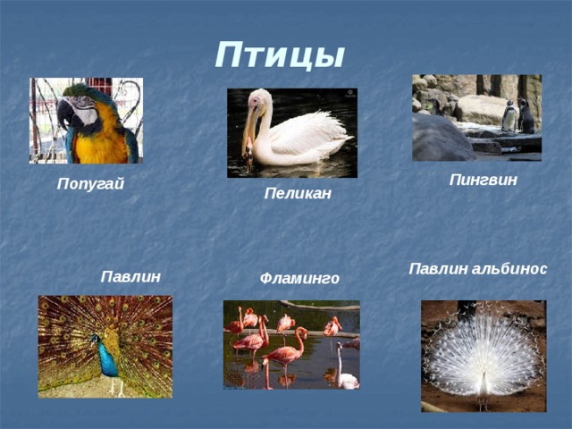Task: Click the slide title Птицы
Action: tap(280, 55)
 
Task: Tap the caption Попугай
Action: tap(90, 184)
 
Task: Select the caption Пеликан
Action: tap(298, 193)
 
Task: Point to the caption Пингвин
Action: tap(483, 180)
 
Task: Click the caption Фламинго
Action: tap(299, 279)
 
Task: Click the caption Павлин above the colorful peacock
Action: tap(130, 276)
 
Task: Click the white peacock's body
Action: tap(484, 384)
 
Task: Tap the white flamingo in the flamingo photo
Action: tap(344, 369)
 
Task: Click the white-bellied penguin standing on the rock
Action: tap(509, 116)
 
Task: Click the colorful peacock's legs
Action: tap(117, 386)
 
